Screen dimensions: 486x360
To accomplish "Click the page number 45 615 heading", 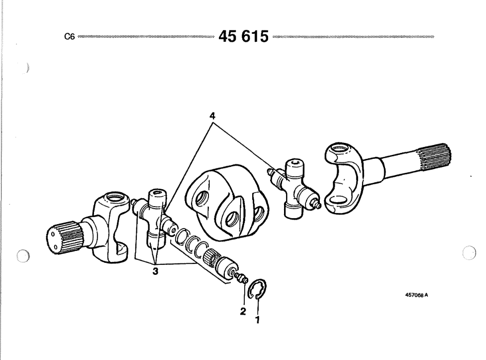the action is tap(243, 36).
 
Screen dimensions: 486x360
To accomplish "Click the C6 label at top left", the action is tap(70, 37).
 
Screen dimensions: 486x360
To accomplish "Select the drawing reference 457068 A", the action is tap(416, 295).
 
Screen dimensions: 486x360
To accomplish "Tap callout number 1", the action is tap(257, 320).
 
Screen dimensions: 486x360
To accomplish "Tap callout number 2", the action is tap(243, 311).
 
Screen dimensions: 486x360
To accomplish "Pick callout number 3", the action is tap(155, 271).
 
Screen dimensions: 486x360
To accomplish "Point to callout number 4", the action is tap(212, 116).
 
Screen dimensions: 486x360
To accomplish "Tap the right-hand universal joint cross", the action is tap(294, 188).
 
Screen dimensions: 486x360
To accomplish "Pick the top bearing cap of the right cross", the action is tap(294, 168).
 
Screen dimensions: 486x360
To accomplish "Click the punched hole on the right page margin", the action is tap(469, 252).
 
